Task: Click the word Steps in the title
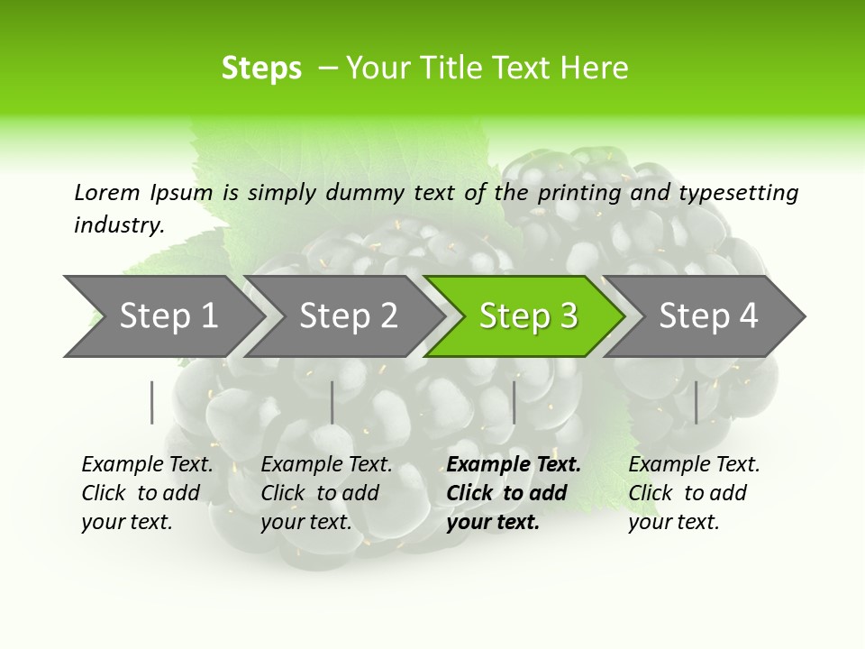pos(261,68)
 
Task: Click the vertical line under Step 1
pos(152,402)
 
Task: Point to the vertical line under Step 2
pos(332,402)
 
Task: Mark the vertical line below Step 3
pos(514,402)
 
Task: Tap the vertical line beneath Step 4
pos(697,402)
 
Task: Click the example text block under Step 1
pos(147,493)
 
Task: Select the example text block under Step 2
pos(326,493)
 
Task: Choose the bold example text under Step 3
pos(514,493)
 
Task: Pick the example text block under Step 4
pos(694,493)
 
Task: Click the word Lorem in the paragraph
pos(106,192)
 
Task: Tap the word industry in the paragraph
pos(118,224)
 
